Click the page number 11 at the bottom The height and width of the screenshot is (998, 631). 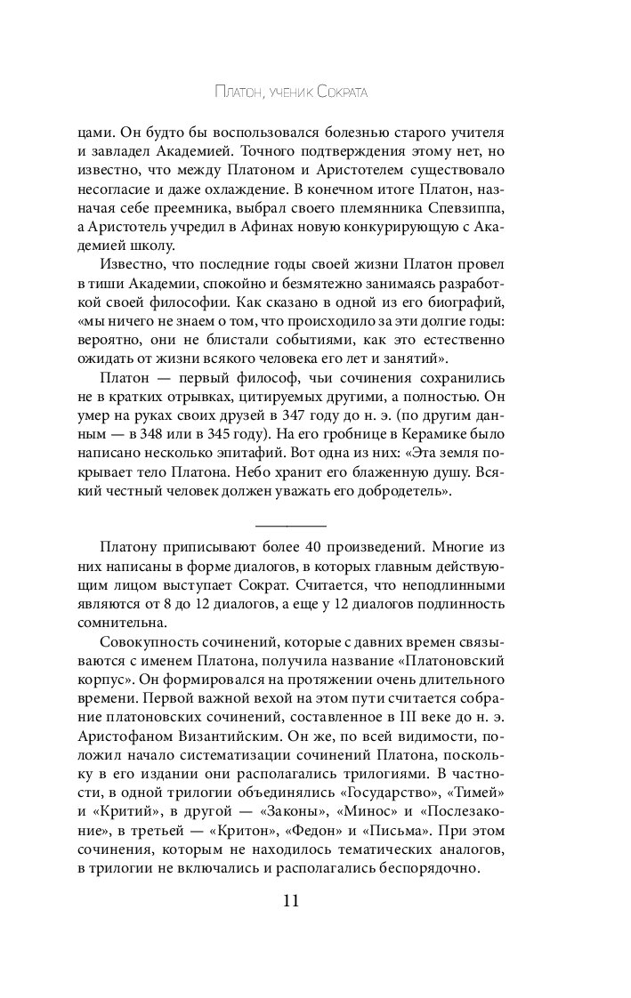(x=290, y=900)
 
